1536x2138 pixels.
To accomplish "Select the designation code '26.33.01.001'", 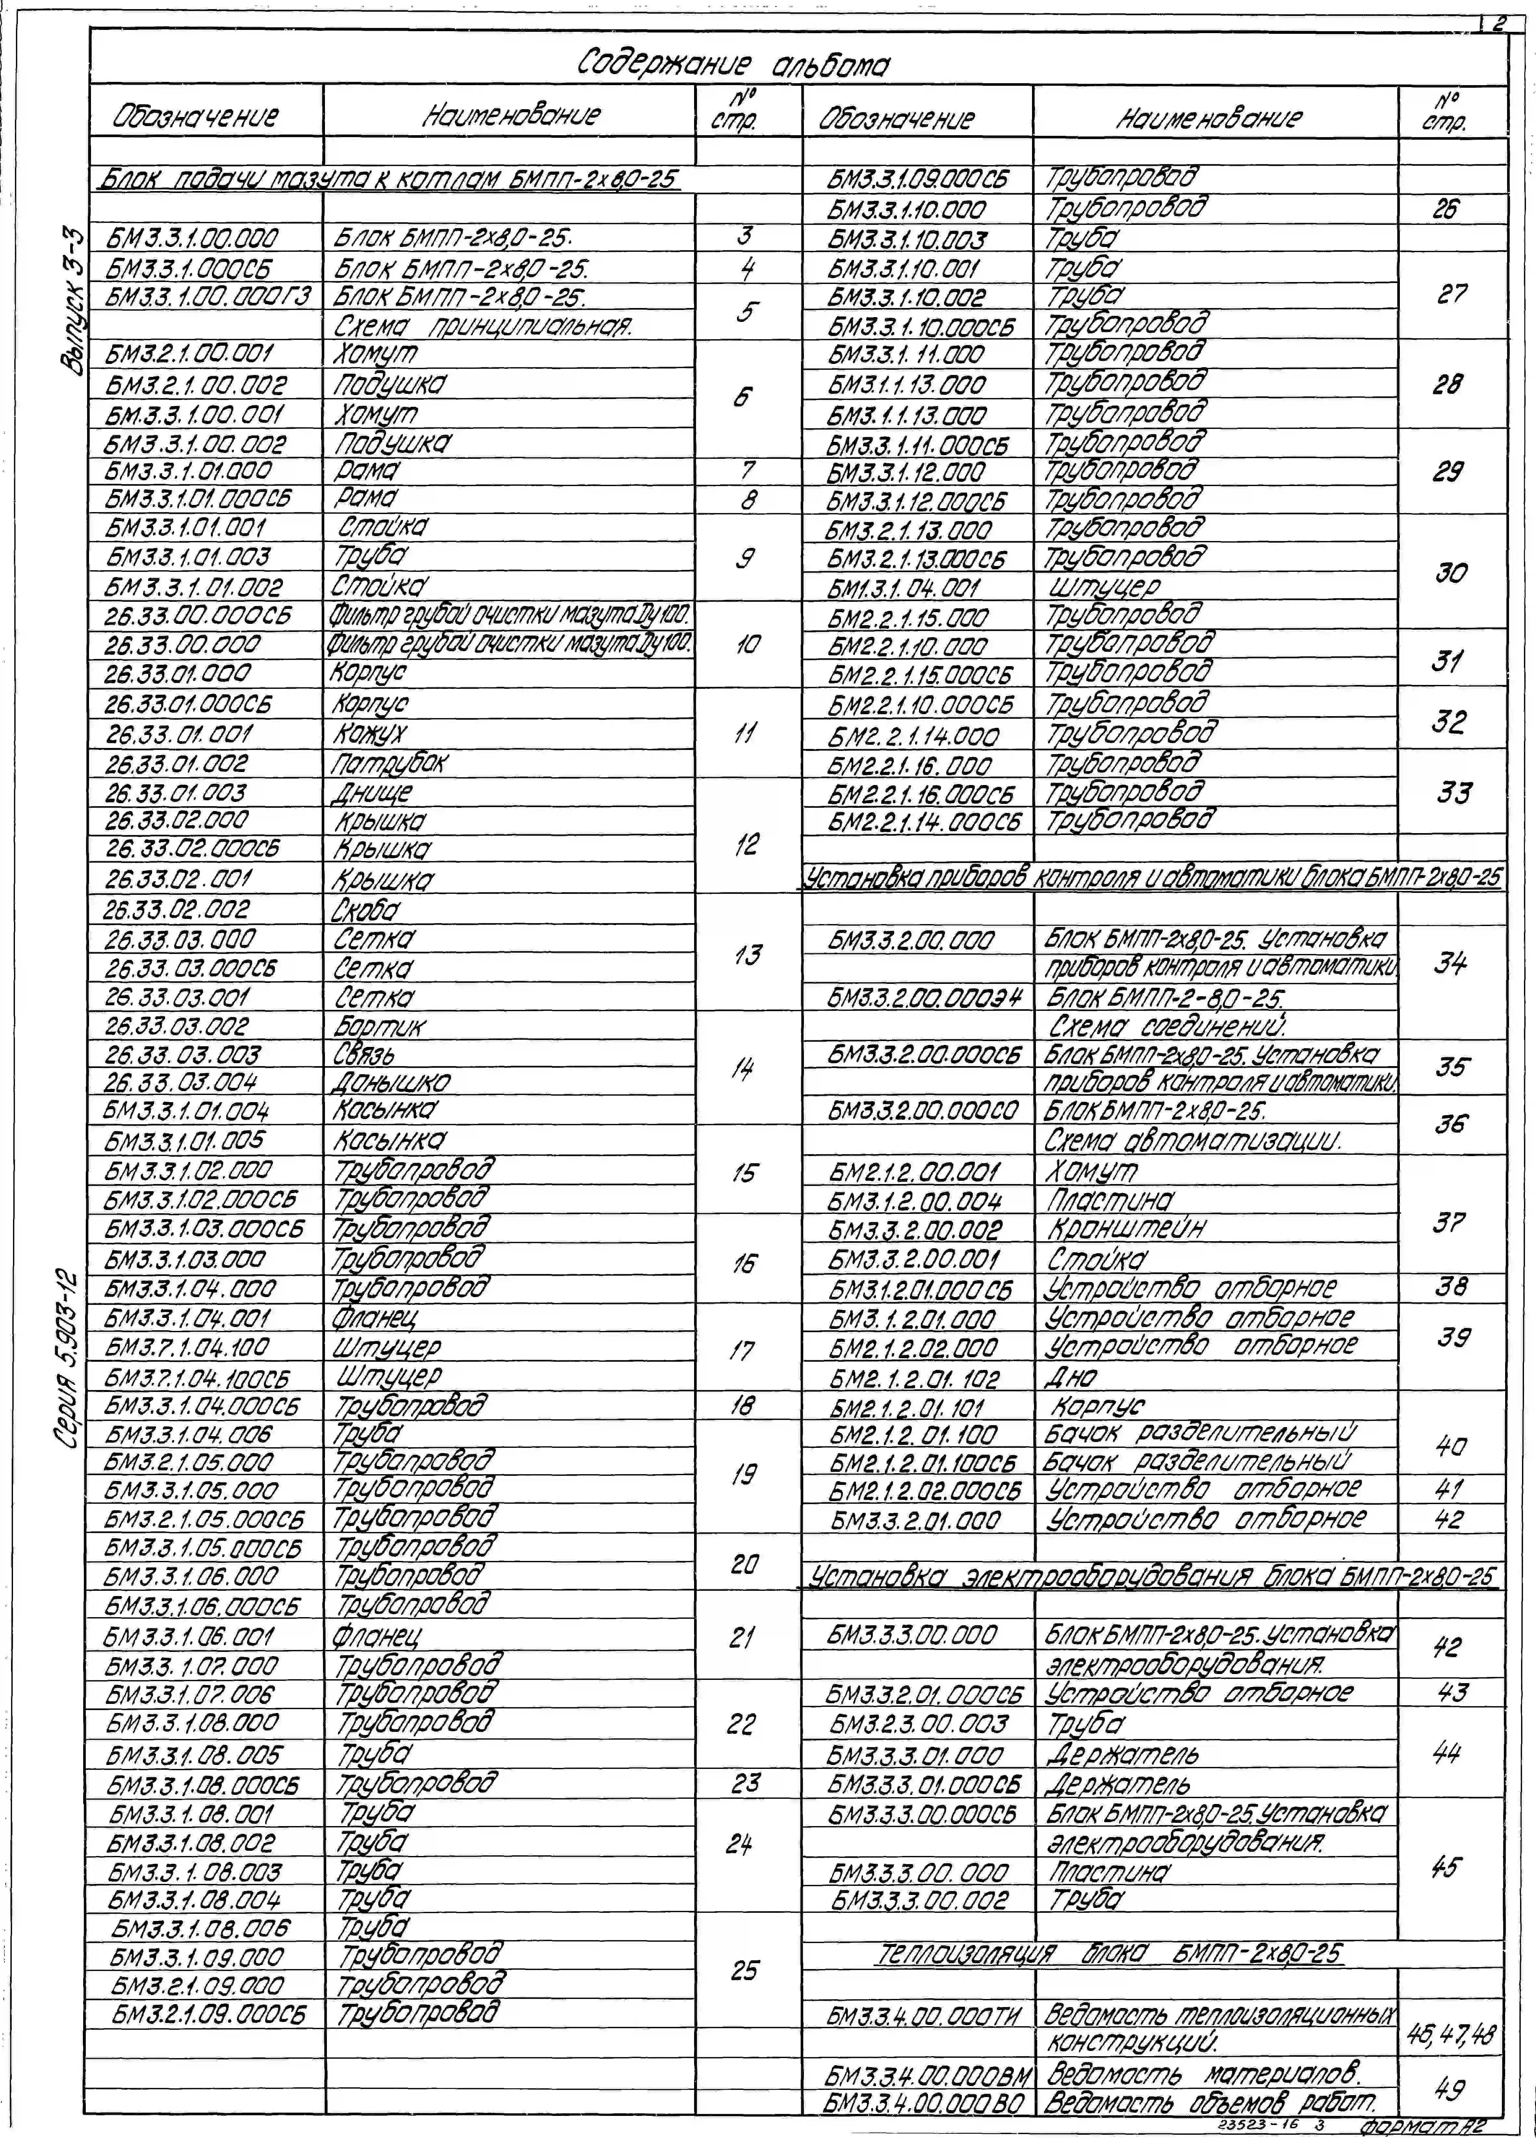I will coord(179,733).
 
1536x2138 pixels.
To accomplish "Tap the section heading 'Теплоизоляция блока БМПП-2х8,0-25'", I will coord(1108,1952).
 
